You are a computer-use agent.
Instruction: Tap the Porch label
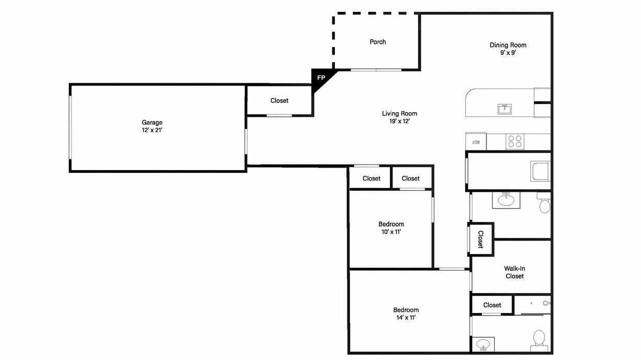point(378,42)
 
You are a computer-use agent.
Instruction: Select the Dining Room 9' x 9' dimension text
point(508,53)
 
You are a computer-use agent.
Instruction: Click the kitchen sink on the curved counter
point(505,109)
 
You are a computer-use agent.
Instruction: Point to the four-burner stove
point(515,141)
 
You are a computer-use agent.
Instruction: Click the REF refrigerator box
point(476,141)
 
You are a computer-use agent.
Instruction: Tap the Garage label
point(152,122)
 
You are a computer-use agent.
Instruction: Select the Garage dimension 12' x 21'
point(152,130)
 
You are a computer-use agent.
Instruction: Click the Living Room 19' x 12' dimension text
point(400,121)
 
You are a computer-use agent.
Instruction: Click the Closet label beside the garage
point(279,100)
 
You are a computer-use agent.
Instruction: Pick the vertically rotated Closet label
point(480,239)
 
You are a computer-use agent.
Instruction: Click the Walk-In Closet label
point(514,273)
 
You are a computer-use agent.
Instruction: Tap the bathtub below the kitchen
point(540,171)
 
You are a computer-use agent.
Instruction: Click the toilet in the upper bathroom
point(544,203)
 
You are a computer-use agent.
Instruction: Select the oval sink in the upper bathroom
point(506,200)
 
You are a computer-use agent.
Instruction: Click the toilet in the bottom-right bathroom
point(539,340)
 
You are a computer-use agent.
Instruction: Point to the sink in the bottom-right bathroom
point(483,344)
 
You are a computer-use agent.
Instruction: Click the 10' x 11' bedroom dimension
point(391,232)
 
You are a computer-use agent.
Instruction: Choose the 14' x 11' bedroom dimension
point(406,318)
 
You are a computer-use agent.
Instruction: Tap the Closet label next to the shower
point(492,305)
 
